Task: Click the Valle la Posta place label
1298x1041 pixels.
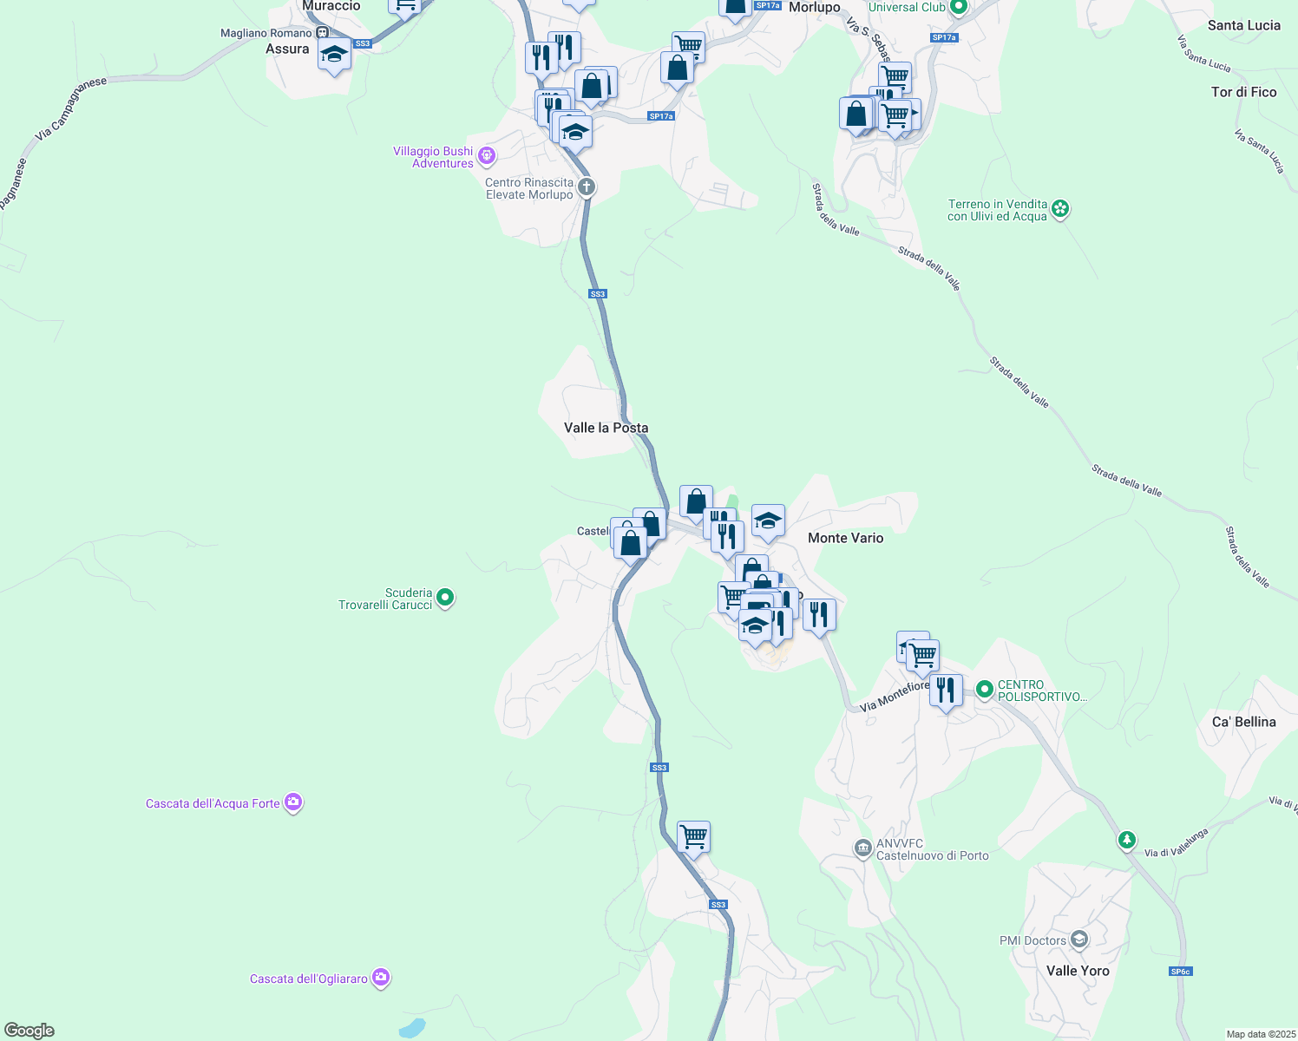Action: (606, 428)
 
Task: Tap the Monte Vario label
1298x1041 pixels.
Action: (845, 538)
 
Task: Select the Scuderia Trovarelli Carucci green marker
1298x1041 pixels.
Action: (445, 597)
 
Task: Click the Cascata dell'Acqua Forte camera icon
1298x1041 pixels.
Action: (293, 802)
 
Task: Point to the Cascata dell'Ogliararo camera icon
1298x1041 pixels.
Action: (380, 978)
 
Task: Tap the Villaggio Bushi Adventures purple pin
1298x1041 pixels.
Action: (487, 155)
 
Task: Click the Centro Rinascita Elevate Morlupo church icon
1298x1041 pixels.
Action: (587, 187)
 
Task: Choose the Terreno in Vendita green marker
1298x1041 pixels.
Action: (1060, 208)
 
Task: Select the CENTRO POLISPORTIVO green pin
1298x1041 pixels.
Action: (984, 690)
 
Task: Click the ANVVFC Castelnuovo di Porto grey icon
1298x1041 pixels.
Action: (862, 848)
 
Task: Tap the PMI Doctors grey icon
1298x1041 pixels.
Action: (1079, 940)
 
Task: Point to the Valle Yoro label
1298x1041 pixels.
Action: (1078, 971)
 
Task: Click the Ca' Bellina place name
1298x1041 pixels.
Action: (1243, 722)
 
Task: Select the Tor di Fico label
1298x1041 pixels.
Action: (1243, 92)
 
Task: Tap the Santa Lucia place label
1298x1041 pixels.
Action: (1243, 25)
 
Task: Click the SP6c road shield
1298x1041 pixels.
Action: (1180, 972)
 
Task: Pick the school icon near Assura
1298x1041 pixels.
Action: (334, 56)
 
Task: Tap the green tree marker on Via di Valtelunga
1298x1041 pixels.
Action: (1126, 840)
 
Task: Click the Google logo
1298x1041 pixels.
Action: (29, 1031)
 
